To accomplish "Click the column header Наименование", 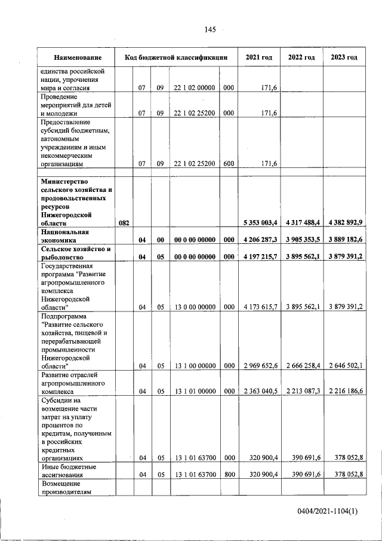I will [x=76, y=57].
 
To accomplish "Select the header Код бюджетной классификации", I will [x=176, y=57].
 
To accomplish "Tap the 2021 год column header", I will [x=259, y=57].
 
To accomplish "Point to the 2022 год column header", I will [x=301, y=57].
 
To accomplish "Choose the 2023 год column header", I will [x=344, y=57].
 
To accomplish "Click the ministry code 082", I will [x=124, y=223].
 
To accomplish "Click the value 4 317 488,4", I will [x=303, y=223].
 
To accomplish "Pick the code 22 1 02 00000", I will [x=194, y=88].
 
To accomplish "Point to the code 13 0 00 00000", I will [x=194, y=307].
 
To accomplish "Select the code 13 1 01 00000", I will [x=194, y=391].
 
